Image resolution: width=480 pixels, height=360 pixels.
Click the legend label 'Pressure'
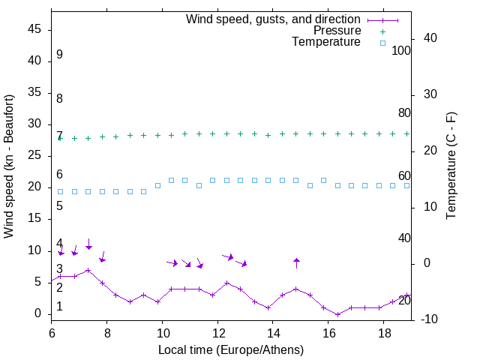(x=337, y=31)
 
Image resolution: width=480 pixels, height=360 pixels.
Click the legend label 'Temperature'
(x=326, y=42)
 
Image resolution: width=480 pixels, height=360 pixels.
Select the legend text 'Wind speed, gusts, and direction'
(x=274, y=19)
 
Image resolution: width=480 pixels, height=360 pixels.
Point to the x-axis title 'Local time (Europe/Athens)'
(x=230, y=349)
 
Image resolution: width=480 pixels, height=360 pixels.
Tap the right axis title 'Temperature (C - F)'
(x=451, y=166)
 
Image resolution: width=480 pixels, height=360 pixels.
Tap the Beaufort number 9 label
(x=59, y=55)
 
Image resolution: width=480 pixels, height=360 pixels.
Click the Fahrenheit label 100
(x=401, y=51)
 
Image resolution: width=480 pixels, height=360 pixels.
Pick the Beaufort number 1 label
(x=59, y=307)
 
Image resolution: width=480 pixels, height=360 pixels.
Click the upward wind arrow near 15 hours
(x=296, y=262)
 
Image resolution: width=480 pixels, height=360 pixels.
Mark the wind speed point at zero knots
(x=337, y=314)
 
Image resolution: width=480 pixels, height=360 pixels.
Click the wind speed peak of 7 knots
(x=88, y=270)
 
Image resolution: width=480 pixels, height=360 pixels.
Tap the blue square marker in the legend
(x=382, y=43)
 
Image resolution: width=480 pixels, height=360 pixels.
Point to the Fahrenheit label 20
(x=404, y=300)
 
